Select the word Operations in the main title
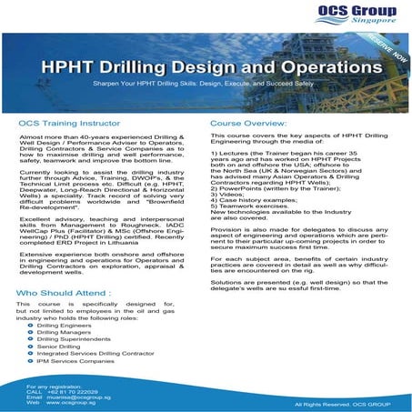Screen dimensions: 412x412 318,71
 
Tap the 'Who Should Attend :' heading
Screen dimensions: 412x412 65,294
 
